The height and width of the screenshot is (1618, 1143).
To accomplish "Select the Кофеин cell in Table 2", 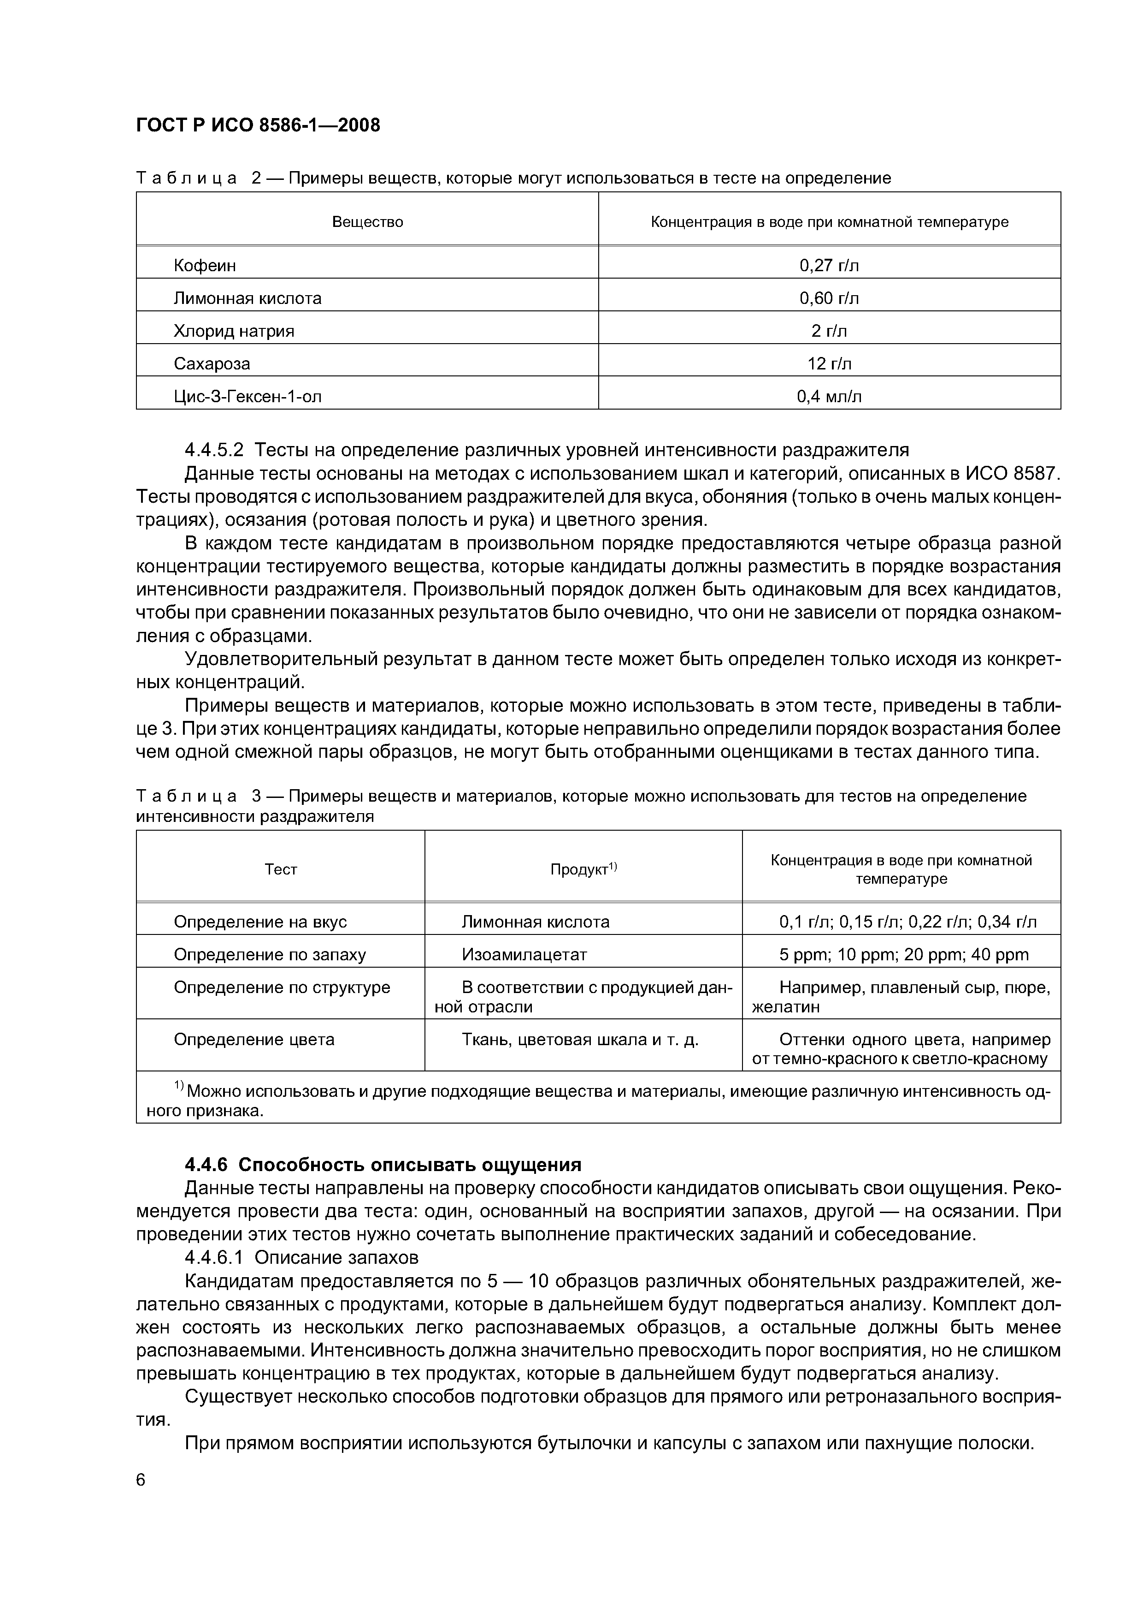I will pyautogui.click(x=205, y=266).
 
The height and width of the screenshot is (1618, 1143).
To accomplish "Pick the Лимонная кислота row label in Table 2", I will pyautogui.click(x=247, y=298).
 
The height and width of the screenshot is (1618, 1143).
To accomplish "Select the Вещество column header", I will pyautogui.click(x=368, y=222).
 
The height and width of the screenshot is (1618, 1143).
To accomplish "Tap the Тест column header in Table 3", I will pyautogui.click(x=280, y=869).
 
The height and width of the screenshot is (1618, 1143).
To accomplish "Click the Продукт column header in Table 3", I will pyautogui.click(x=583, y=869).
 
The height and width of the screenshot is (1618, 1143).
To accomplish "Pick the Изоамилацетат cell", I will pyautogui.click(x=524, y=955).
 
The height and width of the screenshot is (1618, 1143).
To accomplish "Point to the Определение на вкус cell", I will pyautogui.click(x=260, y=922).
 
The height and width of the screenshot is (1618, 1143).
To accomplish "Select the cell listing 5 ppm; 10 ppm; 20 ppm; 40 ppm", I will pyautogui.click(x=903, y=955).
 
